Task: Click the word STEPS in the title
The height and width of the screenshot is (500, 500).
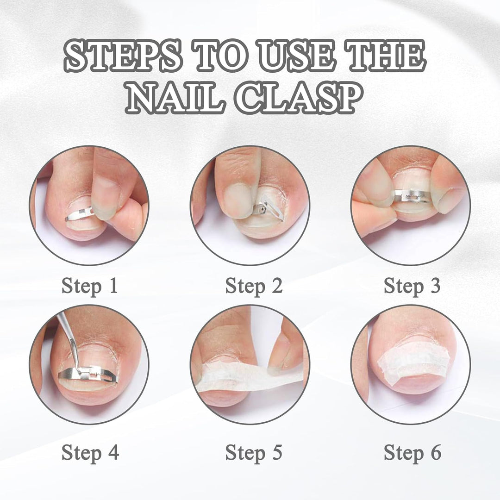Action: tap(123, 56)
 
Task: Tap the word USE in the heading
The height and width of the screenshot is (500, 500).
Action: tap(297, 56)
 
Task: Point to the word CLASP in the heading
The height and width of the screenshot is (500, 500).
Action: tap(299, 98)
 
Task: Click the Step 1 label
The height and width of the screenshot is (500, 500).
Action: tap(90, 286)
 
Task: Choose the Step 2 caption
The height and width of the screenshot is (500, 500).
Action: tap(254, 286)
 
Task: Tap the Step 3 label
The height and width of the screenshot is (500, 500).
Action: tap(412, 286)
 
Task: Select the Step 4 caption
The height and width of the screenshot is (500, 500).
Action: tap(90, 453)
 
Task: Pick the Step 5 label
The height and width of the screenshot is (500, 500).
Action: tap(254, 453)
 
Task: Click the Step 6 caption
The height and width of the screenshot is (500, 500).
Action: tap(412, 453)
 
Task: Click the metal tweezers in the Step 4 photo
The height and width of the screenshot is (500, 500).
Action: tap(69, 341)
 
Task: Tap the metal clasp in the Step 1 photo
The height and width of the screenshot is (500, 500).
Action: tap(80, 213)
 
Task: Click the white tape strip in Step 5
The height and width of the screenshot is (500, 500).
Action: tap(249, 376)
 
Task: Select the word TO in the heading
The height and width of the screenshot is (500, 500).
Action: tap(220, 56)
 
